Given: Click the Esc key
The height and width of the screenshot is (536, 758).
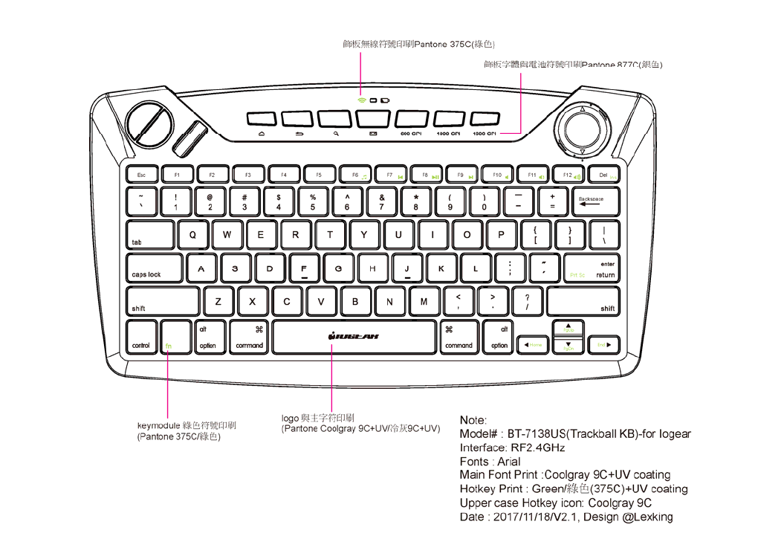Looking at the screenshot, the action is (141, 175).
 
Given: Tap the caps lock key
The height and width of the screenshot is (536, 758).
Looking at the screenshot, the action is (154, 269).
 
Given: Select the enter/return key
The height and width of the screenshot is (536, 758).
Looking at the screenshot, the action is (591, 269).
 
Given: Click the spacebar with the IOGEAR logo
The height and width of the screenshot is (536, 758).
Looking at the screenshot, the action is (354, 337).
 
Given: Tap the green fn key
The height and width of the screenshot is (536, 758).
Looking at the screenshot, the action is (175, 337).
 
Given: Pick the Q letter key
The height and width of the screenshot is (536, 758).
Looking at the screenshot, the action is (193, 235).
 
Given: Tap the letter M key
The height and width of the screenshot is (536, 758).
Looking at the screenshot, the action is (424, 302).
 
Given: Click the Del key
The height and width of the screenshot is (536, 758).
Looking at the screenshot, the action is (603, 175).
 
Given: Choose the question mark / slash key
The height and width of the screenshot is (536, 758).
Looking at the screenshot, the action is (527, 302).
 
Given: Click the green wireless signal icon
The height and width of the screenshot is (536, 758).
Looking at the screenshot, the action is (361, 99).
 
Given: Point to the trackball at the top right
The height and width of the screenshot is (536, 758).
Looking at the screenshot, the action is (582, 131).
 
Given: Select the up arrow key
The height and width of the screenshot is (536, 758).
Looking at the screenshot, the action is (568, 328).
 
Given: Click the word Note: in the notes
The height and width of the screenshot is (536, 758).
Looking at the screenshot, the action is (473, 420).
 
